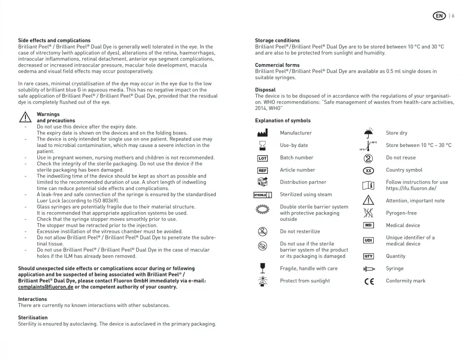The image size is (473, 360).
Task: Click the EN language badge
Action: pos(439,16)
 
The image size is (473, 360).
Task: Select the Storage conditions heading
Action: pos(277,41)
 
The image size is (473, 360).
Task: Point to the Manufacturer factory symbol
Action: pos(262,133)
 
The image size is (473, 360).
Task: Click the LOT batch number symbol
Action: pos(262,158)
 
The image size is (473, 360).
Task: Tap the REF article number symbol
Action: pos(262,171)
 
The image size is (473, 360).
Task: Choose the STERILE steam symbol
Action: pos(262,195)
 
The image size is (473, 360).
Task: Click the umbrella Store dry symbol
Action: pos(368,133)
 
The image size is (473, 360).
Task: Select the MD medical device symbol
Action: pos(368,226)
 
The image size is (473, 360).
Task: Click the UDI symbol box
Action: pos(368,240)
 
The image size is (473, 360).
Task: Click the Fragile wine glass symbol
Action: pos(262,268)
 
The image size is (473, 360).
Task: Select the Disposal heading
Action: pos(265,90)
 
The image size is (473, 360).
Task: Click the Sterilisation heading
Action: pos(33,317)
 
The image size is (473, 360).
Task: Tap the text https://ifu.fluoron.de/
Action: pos(411,189)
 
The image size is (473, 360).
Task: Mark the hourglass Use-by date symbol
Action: pos(262,146)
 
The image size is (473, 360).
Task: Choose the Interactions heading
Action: pos(32,299)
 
